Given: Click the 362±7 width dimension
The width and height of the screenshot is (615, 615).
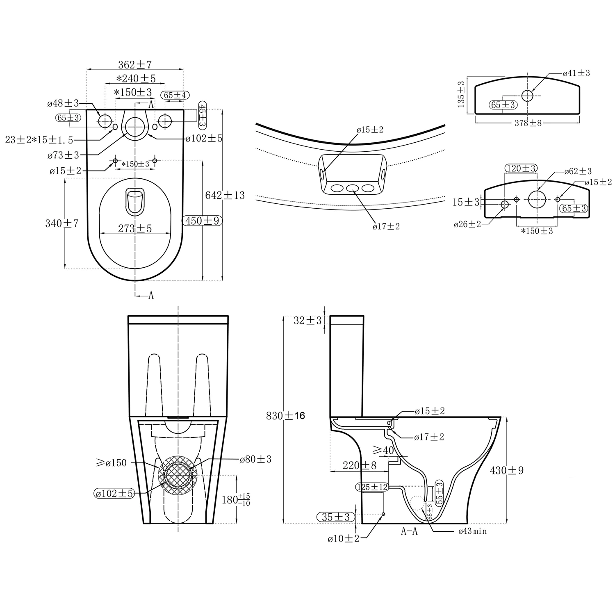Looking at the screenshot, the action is click(x=135, y=65).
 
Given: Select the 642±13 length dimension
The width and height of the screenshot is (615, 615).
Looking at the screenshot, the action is click(x=225, y=195).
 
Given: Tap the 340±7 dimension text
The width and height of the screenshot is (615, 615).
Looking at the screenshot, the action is click(x=61, y=223).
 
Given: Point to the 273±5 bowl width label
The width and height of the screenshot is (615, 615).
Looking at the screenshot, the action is click(x=135, y=228).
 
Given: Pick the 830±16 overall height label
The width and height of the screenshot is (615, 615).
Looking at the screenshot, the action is click(x=286, y=416).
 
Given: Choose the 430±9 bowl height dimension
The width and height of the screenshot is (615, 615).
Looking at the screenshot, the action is click(x=507, y=471).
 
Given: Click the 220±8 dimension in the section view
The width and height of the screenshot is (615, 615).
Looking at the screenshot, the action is click(x=360, y=465).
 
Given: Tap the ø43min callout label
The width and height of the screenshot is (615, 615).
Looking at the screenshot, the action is click(x=473, y=531).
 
